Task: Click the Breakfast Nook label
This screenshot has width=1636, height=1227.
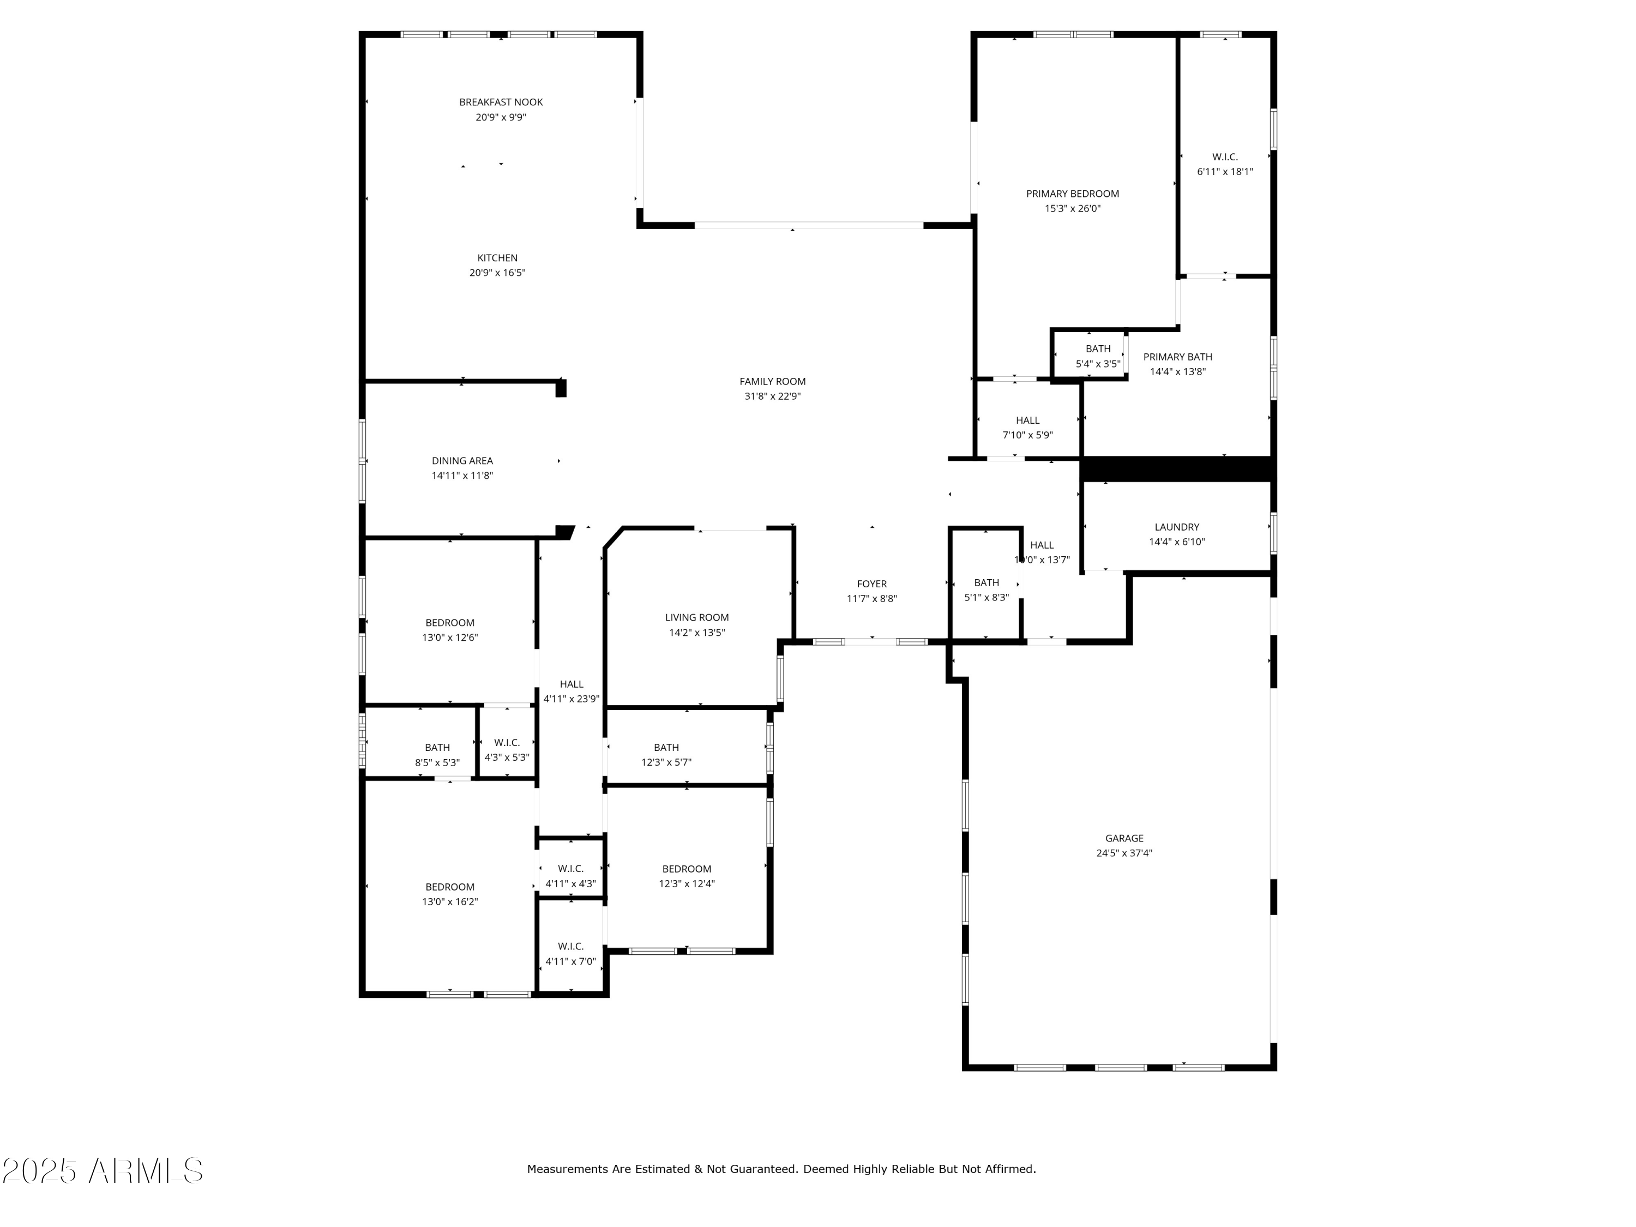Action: pos(501,102)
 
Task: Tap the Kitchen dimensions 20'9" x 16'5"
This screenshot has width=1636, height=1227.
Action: pos(497,273)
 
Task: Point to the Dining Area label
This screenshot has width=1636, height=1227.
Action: pos(462,461)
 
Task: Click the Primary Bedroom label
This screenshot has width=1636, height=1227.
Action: pos(1073,194)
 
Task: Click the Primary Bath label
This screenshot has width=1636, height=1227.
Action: pos(1177,357)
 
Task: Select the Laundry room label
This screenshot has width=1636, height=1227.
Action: pos(1177,527)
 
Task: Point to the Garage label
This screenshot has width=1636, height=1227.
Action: pos(1124,838)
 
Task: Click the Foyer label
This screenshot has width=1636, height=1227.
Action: pos(871,584)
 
